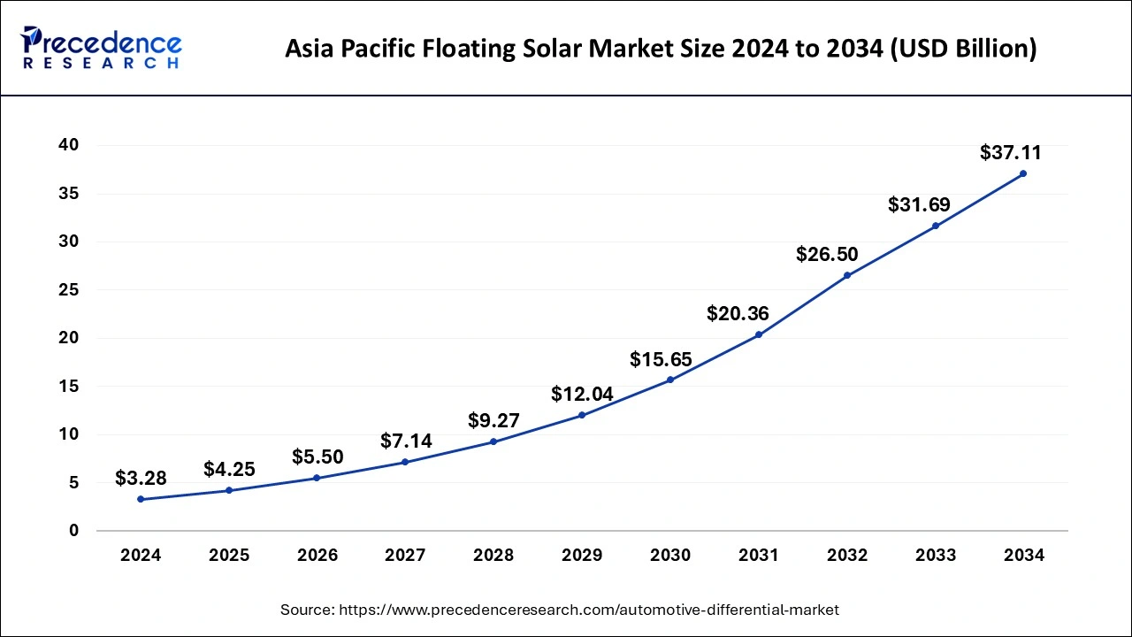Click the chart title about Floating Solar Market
point(661,49)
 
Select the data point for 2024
point(141,499)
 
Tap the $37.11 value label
point(1011,153)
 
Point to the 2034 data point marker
point(1023,173)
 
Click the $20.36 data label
point(738,313)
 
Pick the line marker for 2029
point(582,415)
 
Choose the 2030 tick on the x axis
point(670,556)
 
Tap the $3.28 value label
point(141,479)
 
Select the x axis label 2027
point(406,556)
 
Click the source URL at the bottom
point(560,610)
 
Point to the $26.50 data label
point(827,255)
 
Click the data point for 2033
point(936,226)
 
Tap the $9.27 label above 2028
point(493,420)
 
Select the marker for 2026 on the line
point(317,478)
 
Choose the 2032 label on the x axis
point(847,556)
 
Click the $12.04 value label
point(582,395)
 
